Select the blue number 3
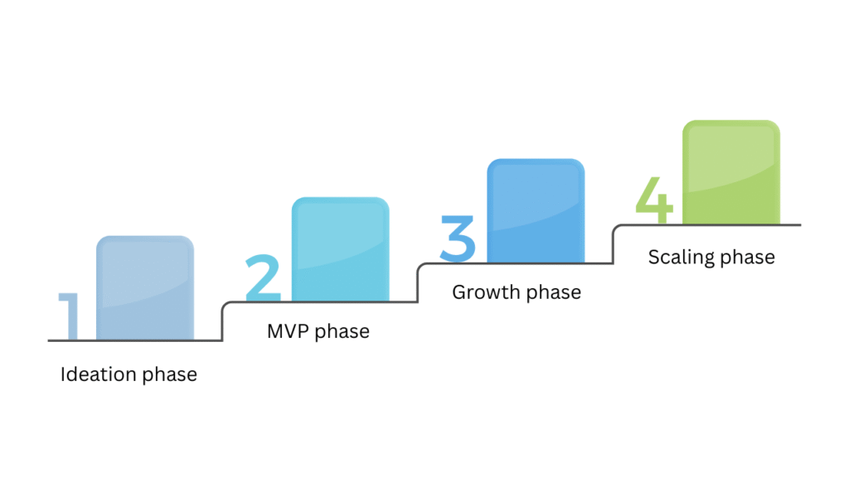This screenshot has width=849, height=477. (x=458, y=238)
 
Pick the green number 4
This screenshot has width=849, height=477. (x=655, y=200)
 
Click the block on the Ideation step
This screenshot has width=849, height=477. (x=145, y=287)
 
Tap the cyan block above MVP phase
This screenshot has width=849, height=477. (x=340, y=248)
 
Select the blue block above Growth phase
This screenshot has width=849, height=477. (x=536, y=210)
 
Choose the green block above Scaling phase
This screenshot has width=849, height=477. (x=731, y=172)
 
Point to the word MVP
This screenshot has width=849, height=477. (x=287, y=331)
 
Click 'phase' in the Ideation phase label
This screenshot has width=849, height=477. (x=170, y=375)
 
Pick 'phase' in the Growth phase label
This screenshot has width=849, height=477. (x=553, y=293)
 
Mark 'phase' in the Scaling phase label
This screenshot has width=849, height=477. (x=747, y=258)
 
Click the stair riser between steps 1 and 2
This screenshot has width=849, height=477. (x=222, y=321)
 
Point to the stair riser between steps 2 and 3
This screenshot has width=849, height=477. (x=417, y=283)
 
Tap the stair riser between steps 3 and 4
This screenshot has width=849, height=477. (x=613, y=244)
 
